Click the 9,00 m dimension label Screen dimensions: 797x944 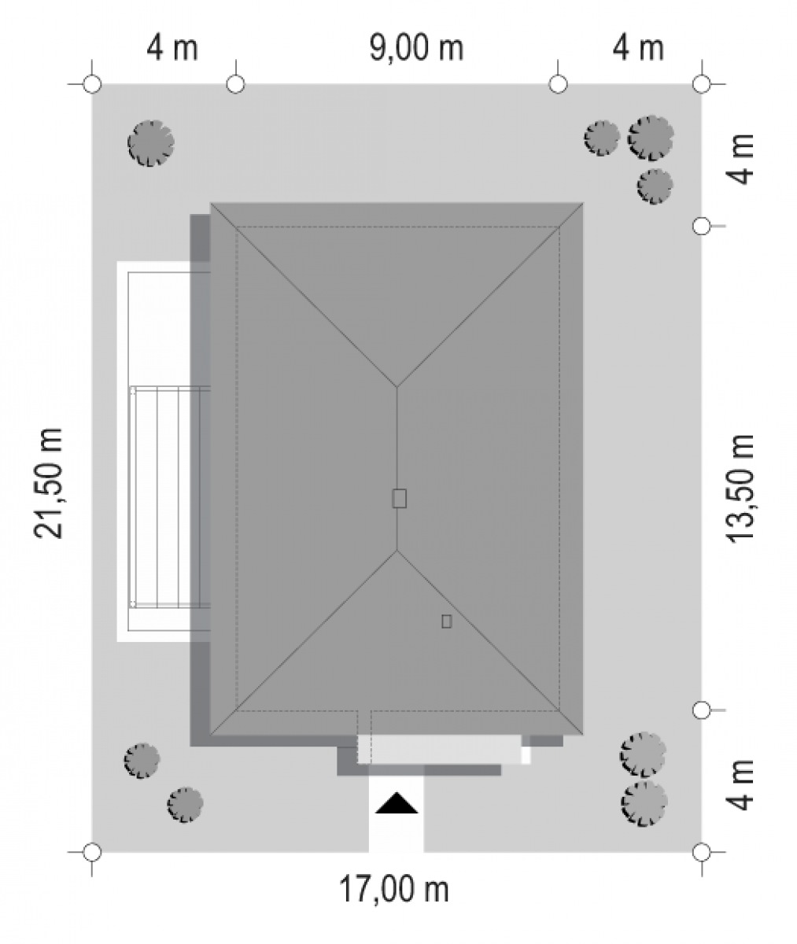pos(416,48)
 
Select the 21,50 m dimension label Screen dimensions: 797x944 pos(48,483)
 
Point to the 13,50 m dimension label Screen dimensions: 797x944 pos(740,489)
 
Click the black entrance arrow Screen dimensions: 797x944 pos(397,803)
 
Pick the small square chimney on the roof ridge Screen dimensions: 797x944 pos(399,498)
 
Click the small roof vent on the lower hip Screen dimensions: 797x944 pos(446,621)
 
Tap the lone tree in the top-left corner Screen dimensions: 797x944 pos(150,143)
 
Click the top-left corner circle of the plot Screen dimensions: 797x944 pos(92,84)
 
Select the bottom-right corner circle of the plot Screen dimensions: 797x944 pos(702,852)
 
